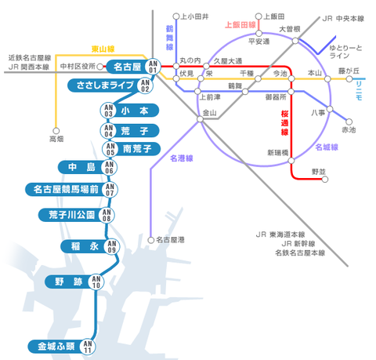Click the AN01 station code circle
coord(153,67)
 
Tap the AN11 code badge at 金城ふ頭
coord(88,347)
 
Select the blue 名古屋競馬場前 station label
coord(66,189)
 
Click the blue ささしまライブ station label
coord(105,85)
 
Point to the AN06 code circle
coord(109,168)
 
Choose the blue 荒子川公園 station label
coord(71,215)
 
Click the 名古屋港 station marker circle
coord(151,240)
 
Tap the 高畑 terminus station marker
coord(56,131)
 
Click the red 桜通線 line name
coord(284,123)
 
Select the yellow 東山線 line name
coord(103,49)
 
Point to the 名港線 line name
coord(182,158)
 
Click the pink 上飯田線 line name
coord(240,25)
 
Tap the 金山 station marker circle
coord(200,119)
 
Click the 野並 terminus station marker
coord(325,180)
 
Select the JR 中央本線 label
coord(343,19)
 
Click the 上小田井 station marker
coord(176,16)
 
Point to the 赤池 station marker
coord(349,122)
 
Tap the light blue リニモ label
coord(359,91)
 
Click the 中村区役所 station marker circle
coord(99,67)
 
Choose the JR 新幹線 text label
coord(298,244)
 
